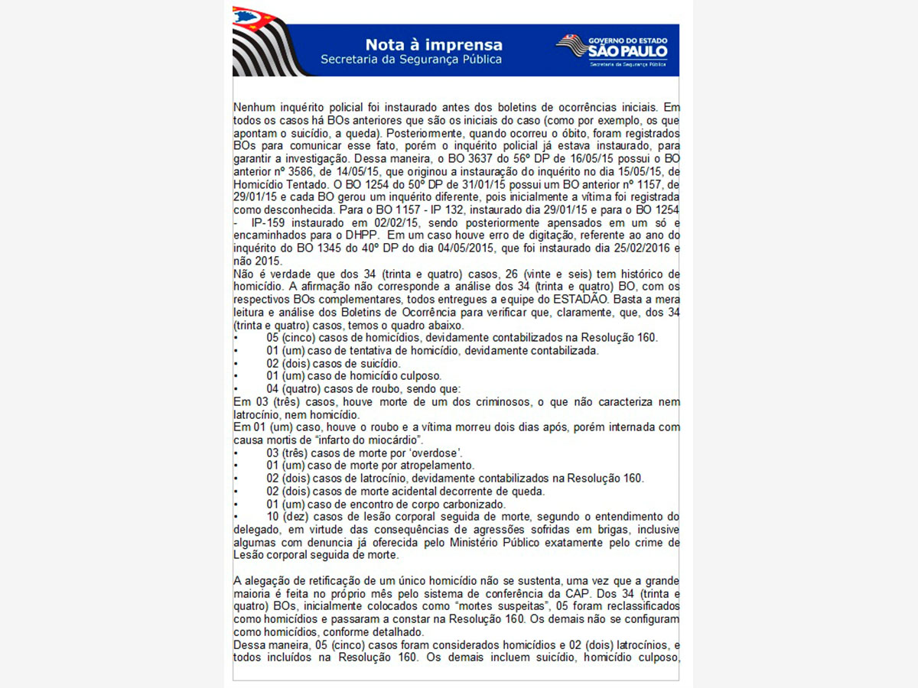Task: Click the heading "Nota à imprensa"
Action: click(x=434, y=44)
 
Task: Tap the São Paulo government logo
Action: click(x=611, y=50)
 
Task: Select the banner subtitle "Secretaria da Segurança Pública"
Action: click(x=412, y=59)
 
